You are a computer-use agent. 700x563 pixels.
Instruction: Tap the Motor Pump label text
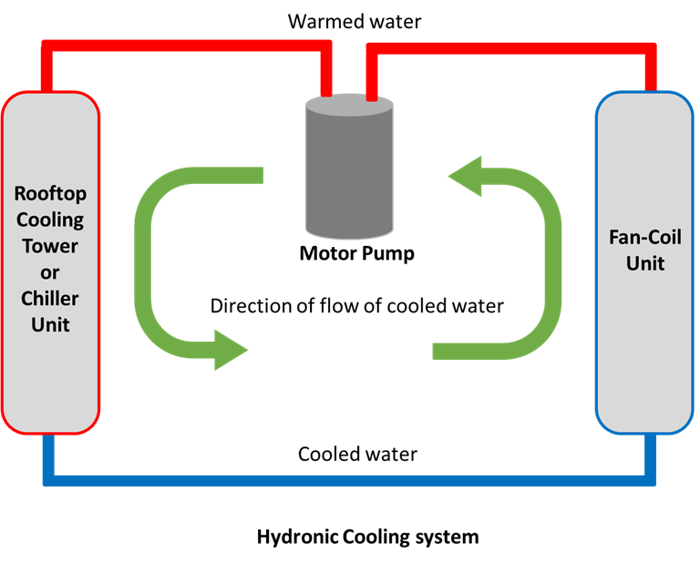pyautogui.click(x=356, y=253)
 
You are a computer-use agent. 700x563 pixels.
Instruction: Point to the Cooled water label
pyautogui.click(x=357, y=453)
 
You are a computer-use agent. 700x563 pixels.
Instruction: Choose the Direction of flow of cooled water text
pyautogui.click(x=356, y=306)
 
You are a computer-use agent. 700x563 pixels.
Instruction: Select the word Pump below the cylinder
pyautogui.click(x=386, y=253)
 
